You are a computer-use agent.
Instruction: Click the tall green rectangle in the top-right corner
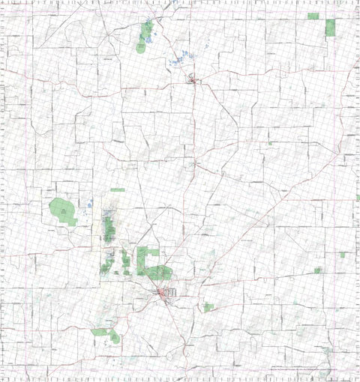tap(331, 28)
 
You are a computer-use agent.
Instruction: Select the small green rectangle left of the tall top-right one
tap(313, 15)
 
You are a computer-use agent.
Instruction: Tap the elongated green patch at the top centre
tap(143, 37)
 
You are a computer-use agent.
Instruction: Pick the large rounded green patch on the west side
tap(63, 212)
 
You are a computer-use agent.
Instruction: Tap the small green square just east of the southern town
tap(208, 307)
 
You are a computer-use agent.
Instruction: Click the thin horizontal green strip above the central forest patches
tap(118, 190)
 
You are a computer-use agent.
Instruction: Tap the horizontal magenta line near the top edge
tap(180, 9)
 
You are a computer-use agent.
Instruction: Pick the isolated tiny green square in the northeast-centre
tap(269, 142)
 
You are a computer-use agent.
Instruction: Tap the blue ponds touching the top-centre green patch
tap(149, 37)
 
